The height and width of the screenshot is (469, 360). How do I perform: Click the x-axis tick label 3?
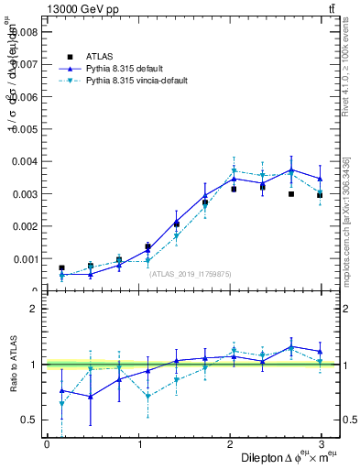point(322,444)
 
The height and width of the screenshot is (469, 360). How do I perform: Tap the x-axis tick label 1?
point(138,444)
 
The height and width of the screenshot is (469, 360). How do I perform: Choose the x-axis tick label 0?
point(47,444)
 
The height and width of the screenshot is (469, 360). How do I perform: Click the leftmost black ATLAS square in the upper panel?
point(61,267)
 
